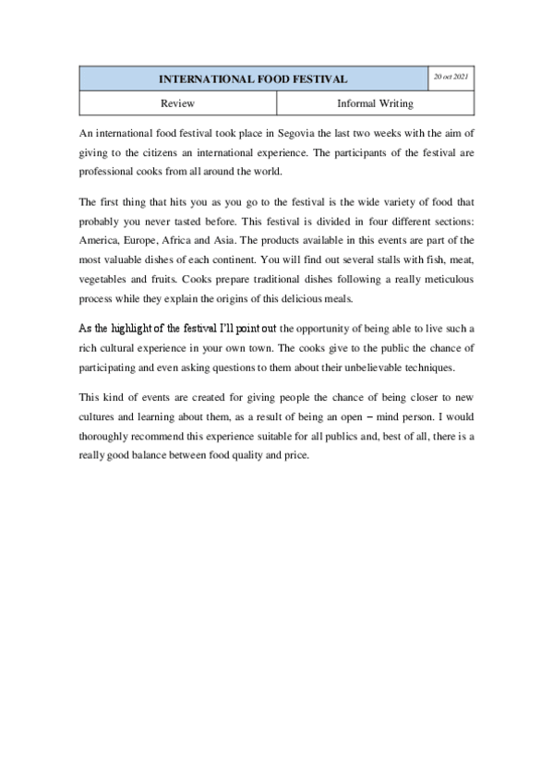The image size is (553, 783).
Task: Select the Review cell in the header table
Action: point(177,104)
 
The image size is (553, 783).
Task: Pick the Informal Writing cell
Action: point(375,104)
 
